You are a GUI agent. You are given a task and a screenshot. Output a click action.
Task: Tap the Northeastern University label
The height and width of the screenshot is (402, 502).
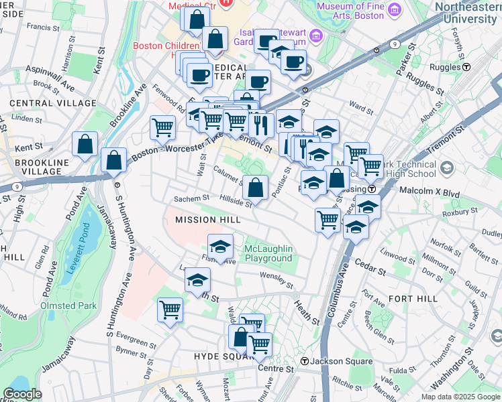(x=467, y=12)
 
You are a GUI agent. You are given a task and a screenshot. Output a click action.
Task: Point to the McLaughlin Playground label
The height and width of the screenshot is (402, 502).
(x=268, y=253)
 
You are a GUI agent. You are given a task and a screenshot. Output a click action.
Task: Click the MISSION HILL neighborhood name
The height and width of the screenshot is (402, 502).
(x=207, y=220)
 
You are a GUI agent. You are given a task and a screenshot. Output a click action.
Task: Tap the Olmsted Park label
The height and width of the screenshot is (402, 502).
(x=68, y=306)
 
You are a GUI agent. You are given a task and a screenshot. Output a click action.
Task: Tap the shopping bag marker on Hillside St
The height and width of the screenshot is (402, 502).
(x=256, y=188)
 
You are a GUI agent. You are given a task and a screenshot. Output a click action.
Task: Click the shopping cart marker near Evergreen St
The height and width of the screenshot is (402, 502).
(x=170, y=311)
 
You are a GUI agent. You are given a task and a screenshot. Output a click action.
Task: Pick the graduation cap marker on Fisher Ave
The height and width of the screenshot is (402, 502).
(x=220, y=247)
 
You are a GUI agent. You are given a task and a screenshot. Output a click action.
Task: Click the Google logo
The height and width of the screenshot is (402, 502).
(x=23, y=394)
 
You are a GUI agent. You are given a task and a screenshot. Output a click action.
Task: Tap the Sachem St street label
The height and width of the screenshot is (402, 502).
(x=192, y=198)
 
